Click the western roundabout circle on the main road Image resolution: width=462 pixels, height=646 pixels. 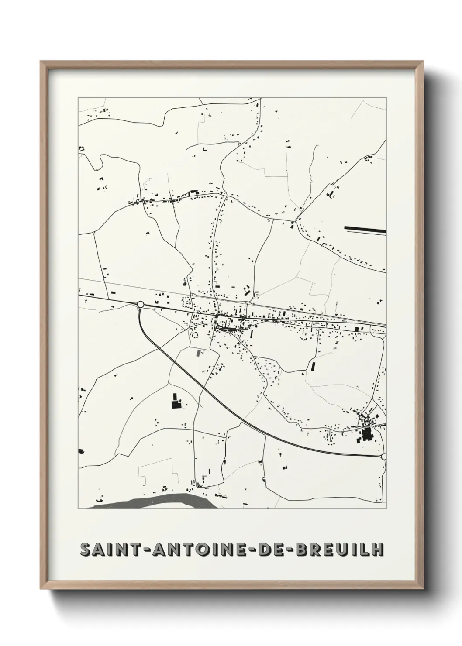pos(140,304)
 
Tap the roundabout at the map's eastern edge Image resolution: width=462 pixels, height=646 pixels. pos(384,457)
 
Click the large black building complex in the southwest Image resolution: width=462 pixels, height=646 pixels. pos(176,401)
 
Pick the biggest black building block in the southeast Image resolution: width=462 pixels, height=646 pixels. pos(366,435)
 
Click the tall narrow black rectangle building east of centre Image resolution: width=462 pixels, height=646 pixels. pos(313,366)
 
